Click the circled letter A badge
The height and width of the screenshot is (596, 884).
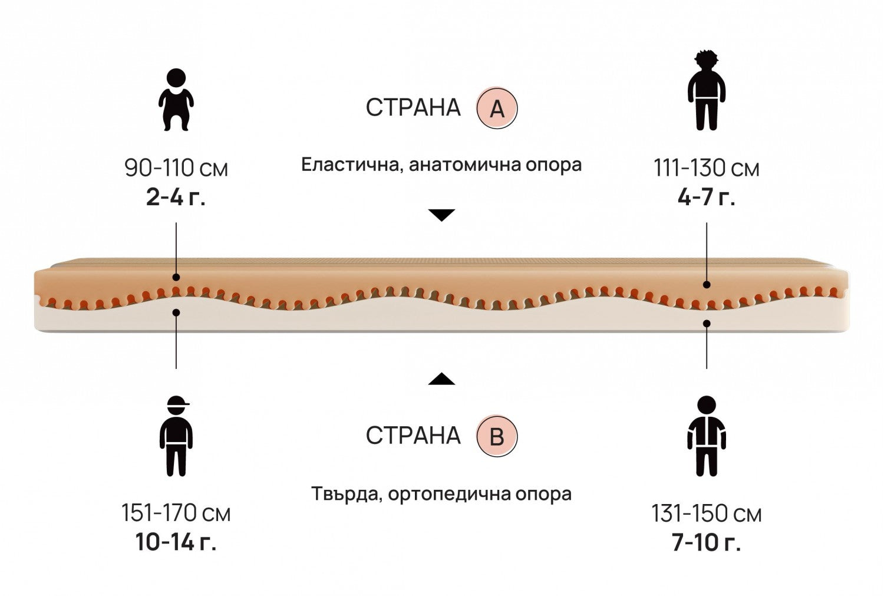(497, 108)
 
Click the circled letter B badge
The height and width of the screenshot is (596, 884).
(497, 437)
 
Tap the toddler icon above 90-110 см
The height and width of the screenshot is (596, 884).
(176, 99)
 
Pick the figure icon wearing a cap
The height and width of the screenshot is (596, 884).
(176, 436)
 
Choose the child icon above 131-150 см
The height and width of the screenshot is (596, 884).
(706, 436)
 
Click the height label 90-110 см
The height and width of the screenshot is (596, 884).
(176, 169)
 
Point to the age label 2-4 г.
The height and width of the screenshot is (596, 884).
(176, 197)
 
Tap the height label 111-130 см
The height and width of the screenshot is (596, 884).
(706, 169)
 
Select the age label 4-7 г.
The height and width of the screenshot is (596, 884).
(706, 197)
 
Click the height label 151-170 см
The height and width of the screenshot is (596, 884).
(176, 513)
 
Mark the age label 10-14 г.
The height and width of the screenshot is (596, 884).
(176, 542)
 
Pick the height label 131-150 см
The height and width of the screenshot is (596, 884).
(706, 513)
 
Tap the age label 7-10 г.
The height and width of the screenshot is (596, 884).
(706, 542)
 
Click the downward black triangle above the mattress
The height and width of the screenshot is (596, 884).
(441, 215)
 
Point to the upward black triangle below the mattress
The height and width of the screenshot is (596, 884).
(441, 379)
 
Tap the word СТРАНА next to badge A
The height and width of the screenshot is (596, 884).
(413, 108)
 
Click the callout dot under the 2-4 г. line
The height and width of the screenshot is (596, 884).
(176, 277)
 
